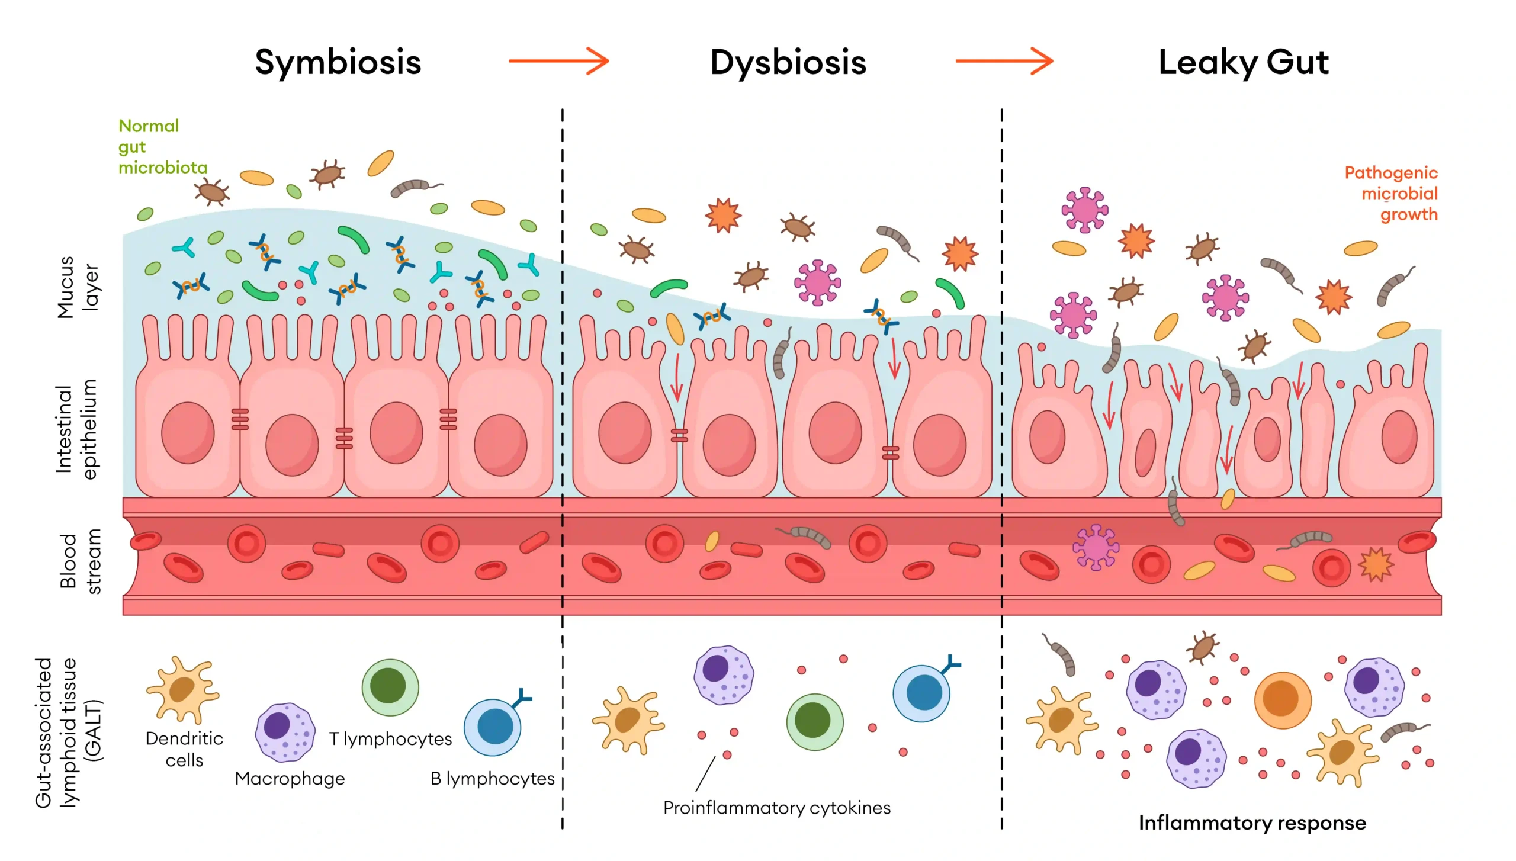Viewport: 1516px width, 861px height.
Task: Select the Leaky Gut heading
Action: click(x=1244, y=63)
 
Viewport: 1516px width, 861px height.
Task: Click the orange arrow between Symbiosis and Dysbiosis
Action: click(x=558, y=60)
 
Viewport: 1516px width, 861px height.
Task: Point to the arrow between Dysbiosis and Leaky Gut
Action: click(x=1004, y=60)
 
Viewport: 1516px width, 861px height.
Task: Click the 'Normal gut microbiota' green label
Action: click(x=162, y=146)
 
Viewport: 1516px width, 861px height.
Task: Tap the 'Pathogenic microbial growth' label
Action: click(x=1391, y=194)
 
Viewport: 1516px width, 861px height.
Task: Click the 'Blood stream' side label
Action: click(x=79, y=561)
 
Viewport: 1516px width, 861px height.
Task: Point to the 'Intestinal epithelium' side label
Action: click(x=76, y=429)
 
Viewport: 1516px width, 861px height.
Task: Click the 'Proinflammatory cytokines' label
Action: click(x=776, y=808)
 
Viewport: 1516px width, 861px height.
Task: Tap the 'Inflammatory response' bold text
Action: click(x=1252, y=823)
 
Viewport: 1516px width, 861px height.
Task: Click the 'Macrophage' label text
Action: click(x=290, y=779)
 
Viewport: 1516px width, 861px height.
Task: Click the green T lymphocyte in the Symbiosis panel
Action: click(x=390, y=687)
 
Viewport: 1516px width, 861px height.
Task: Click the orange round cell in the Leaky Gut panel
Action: click(x=1282, y=700)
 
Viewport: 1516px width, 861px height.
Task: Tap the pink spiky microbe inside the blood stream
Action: click(x=1096, y=547)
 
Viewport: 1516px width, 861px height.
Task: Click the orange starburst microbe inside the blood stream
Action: click(x=1375, y=564)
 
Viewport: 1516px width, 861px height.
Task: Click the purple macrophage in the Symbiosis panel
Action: click(x=284, y=733)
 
